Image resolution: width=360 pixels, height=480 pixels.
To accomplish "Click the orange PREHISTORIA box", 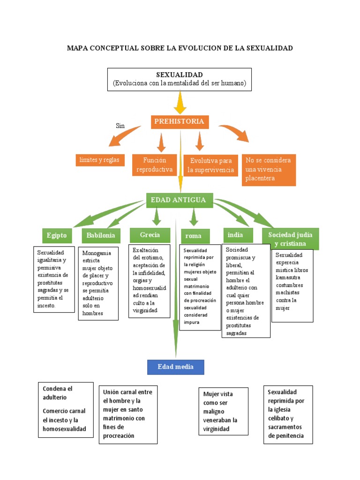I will tap(180, 122).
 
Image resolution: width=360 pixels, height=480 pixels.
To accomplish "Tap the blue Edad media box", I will tap(176, 367).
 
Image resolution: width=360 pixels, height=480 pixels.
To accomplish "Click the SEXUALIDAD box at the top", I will tap(180, 79).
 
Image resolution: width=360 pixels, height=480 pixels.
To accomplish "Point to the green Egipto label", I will tap(57, 235).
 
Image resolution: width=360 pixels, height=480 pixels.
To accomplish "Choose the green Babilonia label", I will tap(101, 235).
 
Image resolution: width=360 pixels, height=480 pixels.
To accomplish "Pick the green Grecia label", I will tap(150, 235).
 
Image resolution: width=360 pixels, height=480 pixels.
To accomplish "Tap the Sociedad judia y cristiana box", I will tap(290, 239).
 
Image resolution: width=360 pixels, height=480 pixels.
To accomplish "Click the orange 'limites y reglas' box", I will tap(99, 160).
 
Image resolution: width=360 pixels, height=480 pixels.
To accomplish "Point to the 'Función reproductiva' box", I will tap(155, 165).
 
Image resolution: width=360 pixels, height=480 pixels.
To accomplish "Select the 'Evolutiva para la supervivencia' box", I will tap(211, 165).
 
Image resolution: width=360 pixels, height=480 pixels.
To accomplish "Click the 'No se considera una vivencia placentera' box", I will tap(269, 169).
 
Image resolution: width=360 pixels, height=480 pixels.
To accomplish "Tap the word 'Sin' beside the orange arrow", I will tap(120, 126).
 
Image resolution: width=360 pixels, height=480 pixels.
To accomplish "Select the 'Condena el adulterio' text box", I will tap(66, 409).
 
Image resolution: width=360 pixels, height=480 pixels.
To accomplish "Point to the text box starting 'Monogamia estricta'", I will tap(98, 284).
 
